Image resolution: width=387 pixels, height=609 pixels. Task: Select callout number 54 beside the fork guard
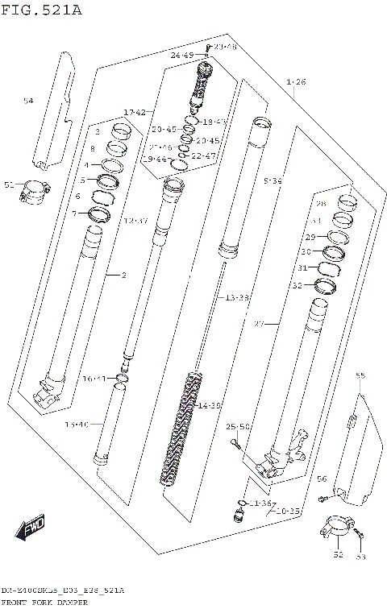[x=28, y=101]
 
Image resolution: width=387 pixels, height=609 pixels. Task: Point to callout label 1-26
[x=296, y=82]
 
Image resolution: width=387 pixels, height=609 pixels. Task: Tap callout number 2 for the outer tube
[x=123, y=275]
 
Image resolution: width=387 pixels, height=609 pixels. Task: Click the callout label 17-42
[x=135, y=112]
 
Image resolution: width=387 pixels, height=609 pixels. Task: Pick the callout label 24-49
[x=181, y=55]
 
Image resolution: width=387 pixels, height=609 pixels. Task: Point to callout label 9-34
[x=273, y=181]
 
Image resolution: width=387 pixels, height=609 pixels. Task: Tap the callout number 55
[x=360, y=375]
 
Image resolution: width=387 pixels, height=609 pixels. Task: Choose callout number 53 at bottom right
[x=360, y=556]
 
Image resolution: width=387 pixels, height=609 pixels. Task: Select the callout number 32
[x=297, y=285]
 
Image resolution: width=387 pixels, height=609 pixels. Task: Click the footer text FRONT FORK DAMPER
[x=44, y=603]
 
